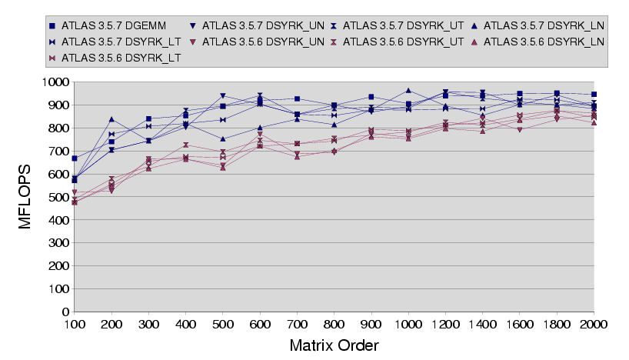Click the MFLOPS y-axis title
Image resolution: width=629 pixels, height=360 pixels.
tap(25, 196)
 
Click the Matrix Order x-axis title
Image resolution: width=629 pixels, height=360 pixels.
tap(334, 345)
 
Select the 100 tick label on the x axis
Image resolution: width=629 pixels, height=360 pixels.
tap(75, 325)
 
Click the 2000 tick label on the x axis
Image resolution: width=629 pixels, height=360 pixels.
tap(594, 325)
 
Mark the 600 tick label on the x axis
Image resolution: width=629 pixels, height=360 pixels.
tap(259, 325)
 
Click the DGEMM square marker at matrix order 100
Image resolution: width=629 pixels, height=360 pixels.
tap(75, 158)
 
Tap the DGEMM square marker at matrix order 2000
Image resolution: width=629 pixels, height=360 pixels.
tap(594, 94)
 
